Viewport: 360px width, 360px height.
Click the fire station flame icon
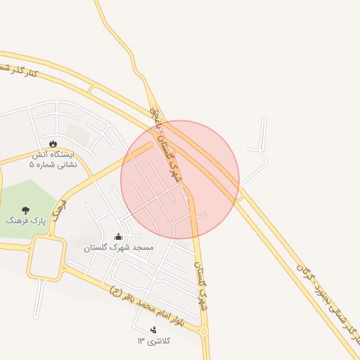click(53, 143)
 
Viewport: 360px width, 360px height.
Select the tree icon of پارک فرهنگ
click(26, 210)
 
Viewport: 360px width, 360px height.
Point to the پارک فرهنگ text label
click(25, 221)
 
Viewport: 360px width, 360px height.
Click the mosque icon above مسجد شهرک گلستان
click(117, 237)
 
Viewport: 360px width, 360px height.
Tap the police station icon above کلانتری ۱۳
click(153, 330)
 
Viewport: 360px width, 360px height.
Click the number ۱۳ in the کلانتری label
click(141, 341)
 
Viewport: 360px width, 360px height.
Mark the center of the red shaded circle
click(180, 180)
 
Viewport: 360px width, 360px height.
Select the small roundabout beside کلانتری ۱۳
click(205, 331)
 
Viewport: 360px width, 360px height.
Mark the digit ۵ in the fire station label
click(31, 165)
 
